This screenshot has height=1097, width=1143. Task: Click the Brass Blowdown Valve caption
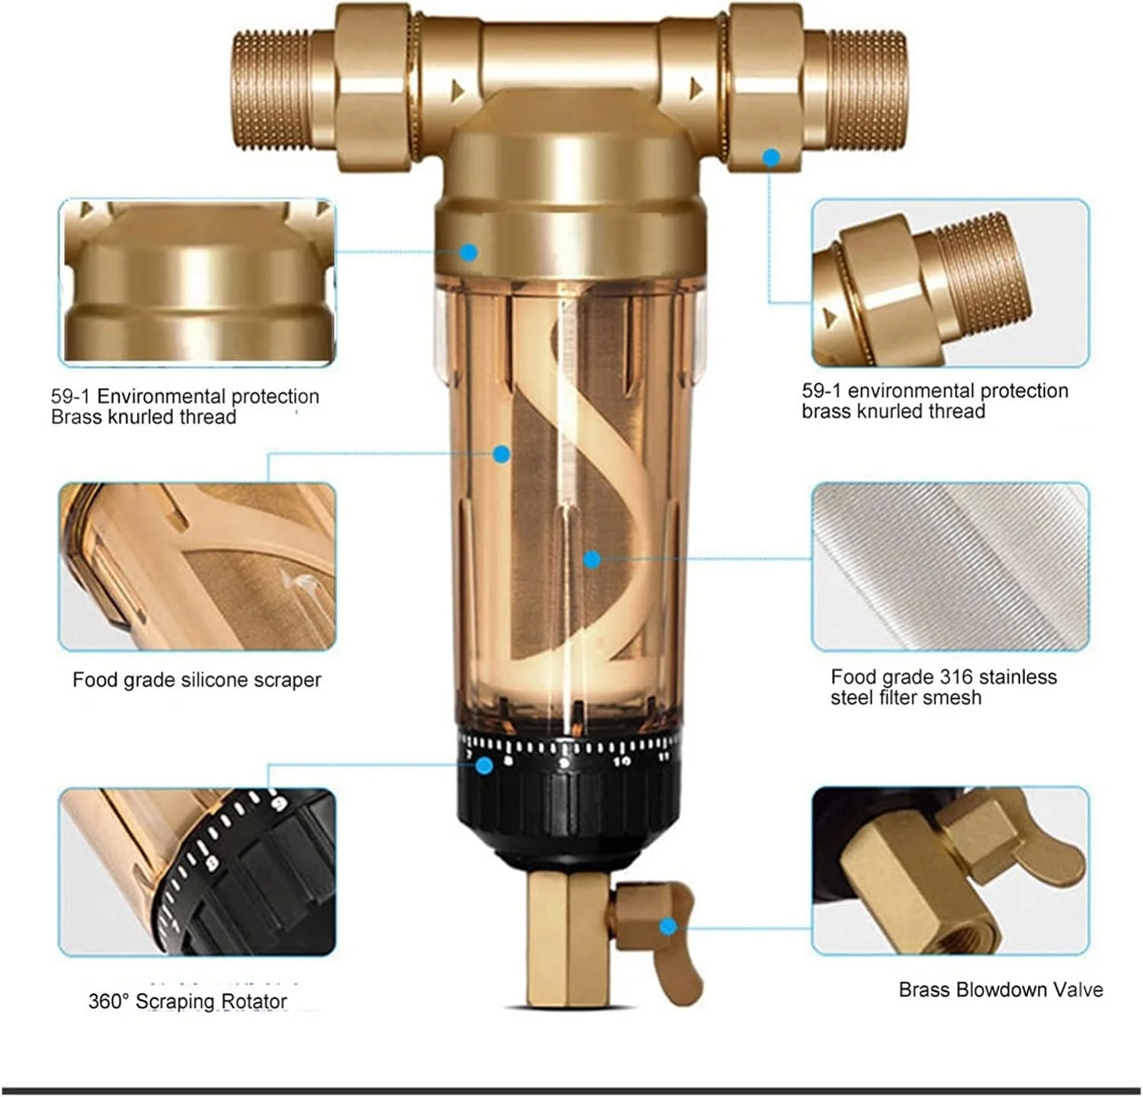click(x=1001, y=990)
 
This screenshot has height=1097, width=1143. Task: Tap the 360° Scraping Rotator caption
click(x=187, y=1001)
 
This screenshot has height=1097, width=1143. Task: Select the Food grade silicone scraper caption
click(x=197, y=679)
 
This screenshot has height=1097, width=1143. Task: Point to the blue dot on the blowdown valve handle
click(x=668, y=926)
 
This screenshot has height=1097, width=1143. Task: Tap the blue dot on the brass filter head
click(x=469, y=252)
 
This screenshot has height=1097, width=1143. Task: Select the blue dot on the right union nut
click(x=771, y=158)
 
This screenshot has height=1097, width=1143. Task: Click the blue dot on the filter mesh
click(x=592, y=560)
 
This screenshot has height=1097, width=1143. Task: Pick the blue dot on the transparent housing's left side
click(x=501, y=454)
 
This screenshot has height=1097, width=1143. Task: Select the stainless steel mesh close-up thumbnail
click(x=950, y=566)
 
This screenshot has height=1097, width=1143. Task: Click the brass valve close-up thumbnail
click(x=950, y=871)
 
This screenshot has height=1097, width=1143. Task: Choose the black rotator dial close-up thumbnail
click(x=197, y=871)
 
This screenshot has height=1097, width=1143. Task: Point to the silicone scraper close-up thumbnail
click(x=197, y=566)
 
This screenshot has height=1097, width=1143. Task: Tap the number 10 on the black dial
click(x=622, y=761)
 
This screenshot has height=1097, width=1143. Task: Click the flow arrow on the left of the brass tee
click(x=457, y=91)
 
